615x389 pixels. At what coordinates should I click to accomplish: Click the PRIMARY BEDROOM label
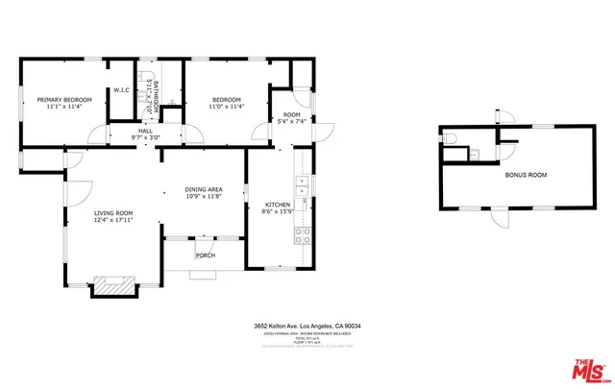click(x=64, y=100)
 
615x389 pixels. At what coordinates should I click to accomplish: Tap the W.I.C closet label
click(x=122, y=90)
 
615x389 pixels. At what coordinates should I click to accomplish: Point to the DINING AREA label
click(x=204, y=189)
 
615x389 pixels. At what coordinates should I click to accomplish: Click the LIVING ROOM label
click(x=113, y=213)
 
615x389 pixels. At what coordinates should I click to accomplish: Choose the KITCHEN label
click(x=278, y=205)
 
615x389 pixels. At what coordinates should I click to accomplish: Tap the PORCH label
click(x=205, y=255)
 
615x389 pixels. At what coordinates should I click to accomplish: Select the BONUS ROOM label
click(x=526, y=176)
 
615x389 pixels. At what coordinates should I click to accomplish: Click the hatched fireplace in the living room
click(x=114, y=286)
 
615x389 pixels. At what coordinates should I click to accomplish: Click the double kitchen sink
click(x=302, y=186)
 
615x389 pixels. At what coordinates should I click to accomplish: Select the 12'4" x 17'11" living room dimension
click(x=113, y=221)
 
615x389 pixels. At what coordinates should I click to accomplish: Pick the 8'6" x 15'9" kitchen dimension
click(x=278, y=212)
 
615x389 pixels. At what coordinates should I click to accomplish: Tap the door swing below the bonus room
click(x=499, y=218)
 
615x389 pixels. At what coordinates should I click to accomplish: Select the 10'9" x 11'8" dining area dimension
click(x=204, y=197)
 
